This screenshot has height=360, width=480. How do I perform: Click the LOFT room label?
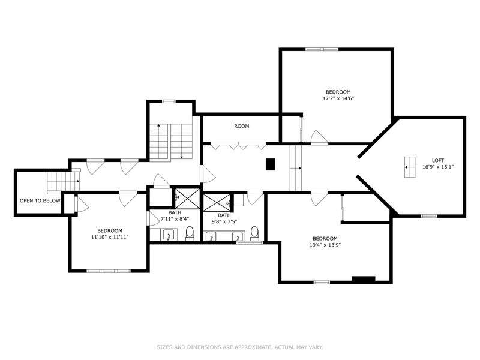[x=438, y=160]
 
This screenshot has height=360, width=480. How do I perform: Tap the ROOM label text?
[x=242, y=126]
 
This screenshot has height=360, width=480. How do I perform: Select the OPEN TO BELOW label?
[x=40, y=201]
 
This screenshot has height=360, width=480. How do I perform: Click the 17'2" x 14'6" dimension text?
[x=338, y=98]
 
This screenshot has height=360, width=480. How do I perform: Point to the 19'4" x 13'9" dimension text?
[x=325, y=245]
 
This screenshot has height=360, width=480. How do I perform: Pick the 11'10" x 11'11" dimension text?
[x=110, y=237]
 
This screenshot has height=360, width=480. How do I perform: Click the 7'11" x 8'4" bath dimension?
[x=175, y=219]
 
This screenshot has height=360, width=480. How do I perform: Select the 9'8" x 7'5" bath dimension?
[x=224, y=221]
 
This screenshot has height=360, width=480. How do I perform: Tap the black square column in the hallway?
[x=271, y=164]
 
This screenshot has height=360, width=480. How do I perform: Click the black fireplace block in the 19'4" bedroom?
[x=364, y=279]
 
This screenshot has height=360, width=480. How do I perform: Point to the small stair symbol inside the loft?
[x=410, y=167]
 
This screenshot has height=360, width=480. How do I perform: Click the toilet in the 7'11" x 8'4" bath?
[x=190, y=233]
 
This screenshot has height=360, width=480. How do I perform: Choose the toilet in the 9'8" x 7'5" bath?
[x=254, y=233]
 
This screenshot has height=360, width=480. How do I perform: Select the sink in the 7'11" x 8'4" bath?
[x=169, y=235]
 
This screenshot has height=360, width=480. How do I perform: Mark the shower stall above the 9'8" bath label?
[x=217, y=202]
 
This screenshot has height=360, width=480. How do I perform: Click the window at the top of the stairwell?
[x=169, y=101]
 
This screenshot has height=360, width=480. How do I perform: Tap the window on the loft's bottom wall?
[x=429, y=216]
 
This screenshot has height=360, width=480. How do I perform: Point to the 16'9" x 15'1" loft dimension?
[x=438, y=167]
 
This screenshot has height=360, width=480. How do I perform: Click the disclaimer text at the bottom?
[x=240, y=347]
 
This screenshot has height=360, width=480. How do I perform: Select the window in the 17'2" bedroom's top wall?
[x=322, y=49]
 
